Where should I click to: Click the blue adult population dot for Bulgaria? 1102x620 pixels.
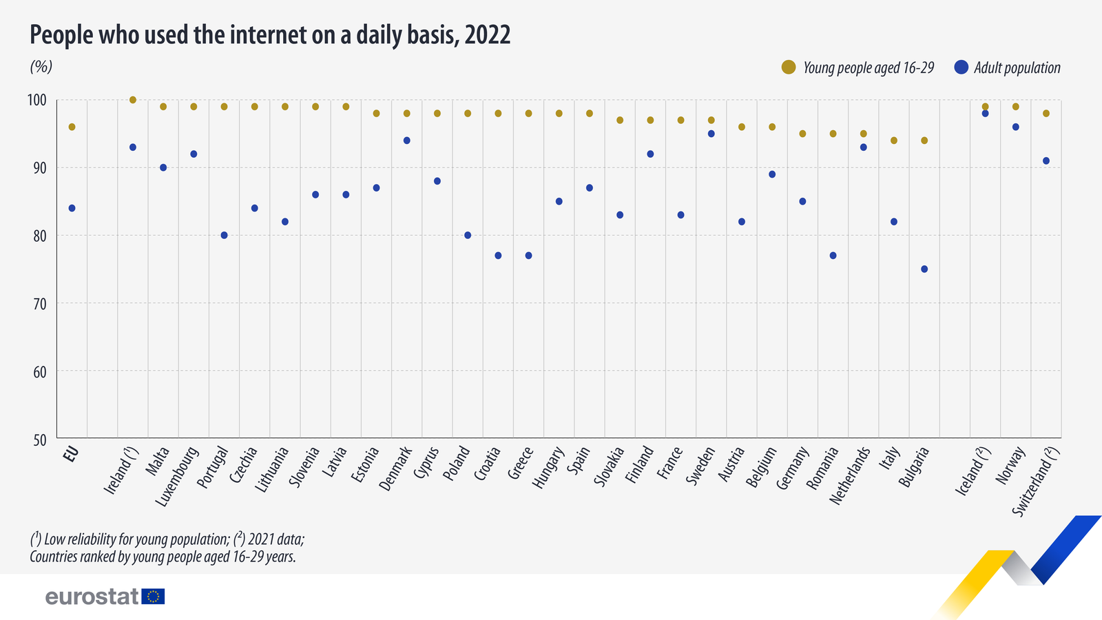click(x=924, y=269)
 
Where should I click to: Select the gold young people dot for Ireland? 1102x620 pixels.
click(x=133, y=100)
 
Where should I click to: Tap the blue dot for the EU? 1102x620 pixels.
click(x=72, y=208)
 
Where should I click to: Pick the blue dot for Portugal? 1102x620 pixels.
click(x=224, y=235)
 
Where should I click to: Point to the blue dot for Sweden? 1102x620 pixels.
click(x=711, y=134)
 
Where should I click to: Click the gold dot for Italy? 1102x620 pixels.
click(x=894, y=141)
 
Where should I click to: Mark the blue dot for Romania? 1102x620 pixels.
click(x=833, y=256)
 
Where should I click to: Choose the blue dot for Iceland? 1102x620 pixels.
click(x=985, y=113)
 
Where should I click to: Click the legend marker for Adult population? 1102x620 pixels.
click(x=961, y=67)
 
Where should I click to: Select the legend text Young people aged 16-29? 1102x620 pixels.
click(x=869, y=68)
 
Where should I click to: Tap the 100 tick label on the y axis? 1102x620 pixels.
click(x=37, y=101)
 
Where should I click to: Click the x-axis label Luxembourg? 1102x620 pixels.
click(x=178, y=477)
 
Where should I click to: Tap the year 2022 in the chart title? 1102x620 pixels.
click(x=487, y=34)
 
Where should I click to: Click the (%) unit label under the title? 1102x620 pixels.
click(x=41, y=67)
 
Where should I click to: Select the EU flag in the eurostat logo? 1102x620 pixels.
click(x=153, y=597)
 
